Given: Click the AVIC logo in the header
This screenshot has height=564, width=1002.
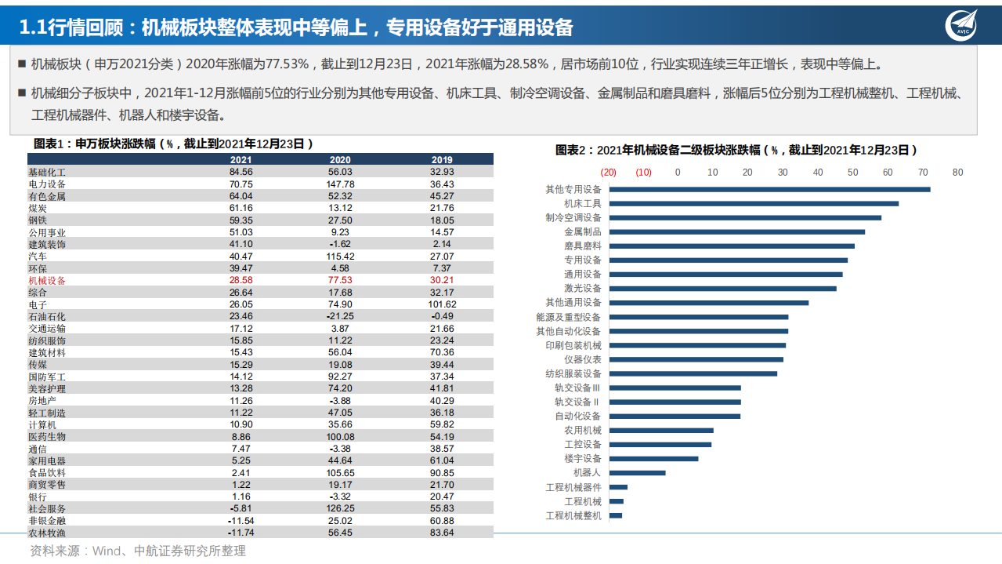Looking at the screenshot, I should click(963, 26).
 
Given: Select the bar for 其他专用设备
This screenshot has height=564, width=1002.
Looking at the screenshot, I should click(769, 189).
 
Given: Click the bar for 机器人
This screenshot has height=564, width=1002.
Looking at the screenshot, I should click(637, 473).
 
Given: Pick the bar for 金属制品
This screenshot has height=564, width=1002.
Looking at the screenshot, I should click(736, 232).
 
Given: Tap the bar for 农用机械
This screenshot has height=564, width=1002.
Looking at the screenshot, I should click(661, 430).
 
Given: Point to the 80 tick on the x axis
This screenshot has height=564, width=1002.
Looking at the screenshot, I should click(957, 173).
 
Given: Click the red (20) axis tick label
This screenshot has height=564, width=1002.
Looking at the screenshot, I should click(609, 173).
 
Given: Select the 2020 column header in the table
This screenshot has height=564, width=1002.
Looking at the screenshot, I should click(341, 160).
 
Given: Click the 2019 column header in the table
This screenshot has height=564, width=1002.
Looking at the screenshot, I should click(442, 160).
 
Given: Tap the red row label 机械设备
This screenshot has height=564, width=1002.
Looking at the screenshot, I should click(47, 280).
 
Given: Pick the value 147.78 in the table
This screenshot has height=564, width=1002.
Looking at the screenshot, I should click(341, 184).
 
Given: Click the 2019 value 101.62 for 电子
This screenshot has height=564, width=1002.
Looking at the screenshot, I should click(442, 304).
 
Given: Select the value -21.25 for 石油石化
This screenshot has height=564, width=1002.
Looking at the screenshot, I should click(341, 316).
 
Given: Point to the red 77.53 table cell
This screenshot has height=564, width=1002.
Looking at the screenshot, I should click(341, 280).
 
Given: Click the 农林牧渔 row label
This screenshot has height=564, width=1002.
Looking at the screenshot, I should click(47, 533).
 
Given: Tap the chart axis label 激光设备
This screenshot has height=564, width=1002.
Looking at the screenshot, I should click(583, 289).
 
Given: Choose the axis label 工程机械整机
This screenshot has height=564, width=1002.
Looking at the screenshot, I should click(573, 515).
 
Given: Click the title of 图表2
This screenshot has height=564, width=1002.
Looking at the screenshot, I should click(736, 150).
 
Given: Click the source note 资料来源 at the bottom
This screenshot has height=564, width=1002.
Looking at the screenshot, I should click(138, 551).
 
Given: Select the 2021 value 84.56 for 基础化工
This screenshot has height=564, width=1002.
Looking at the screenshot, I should click(241, 172).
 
